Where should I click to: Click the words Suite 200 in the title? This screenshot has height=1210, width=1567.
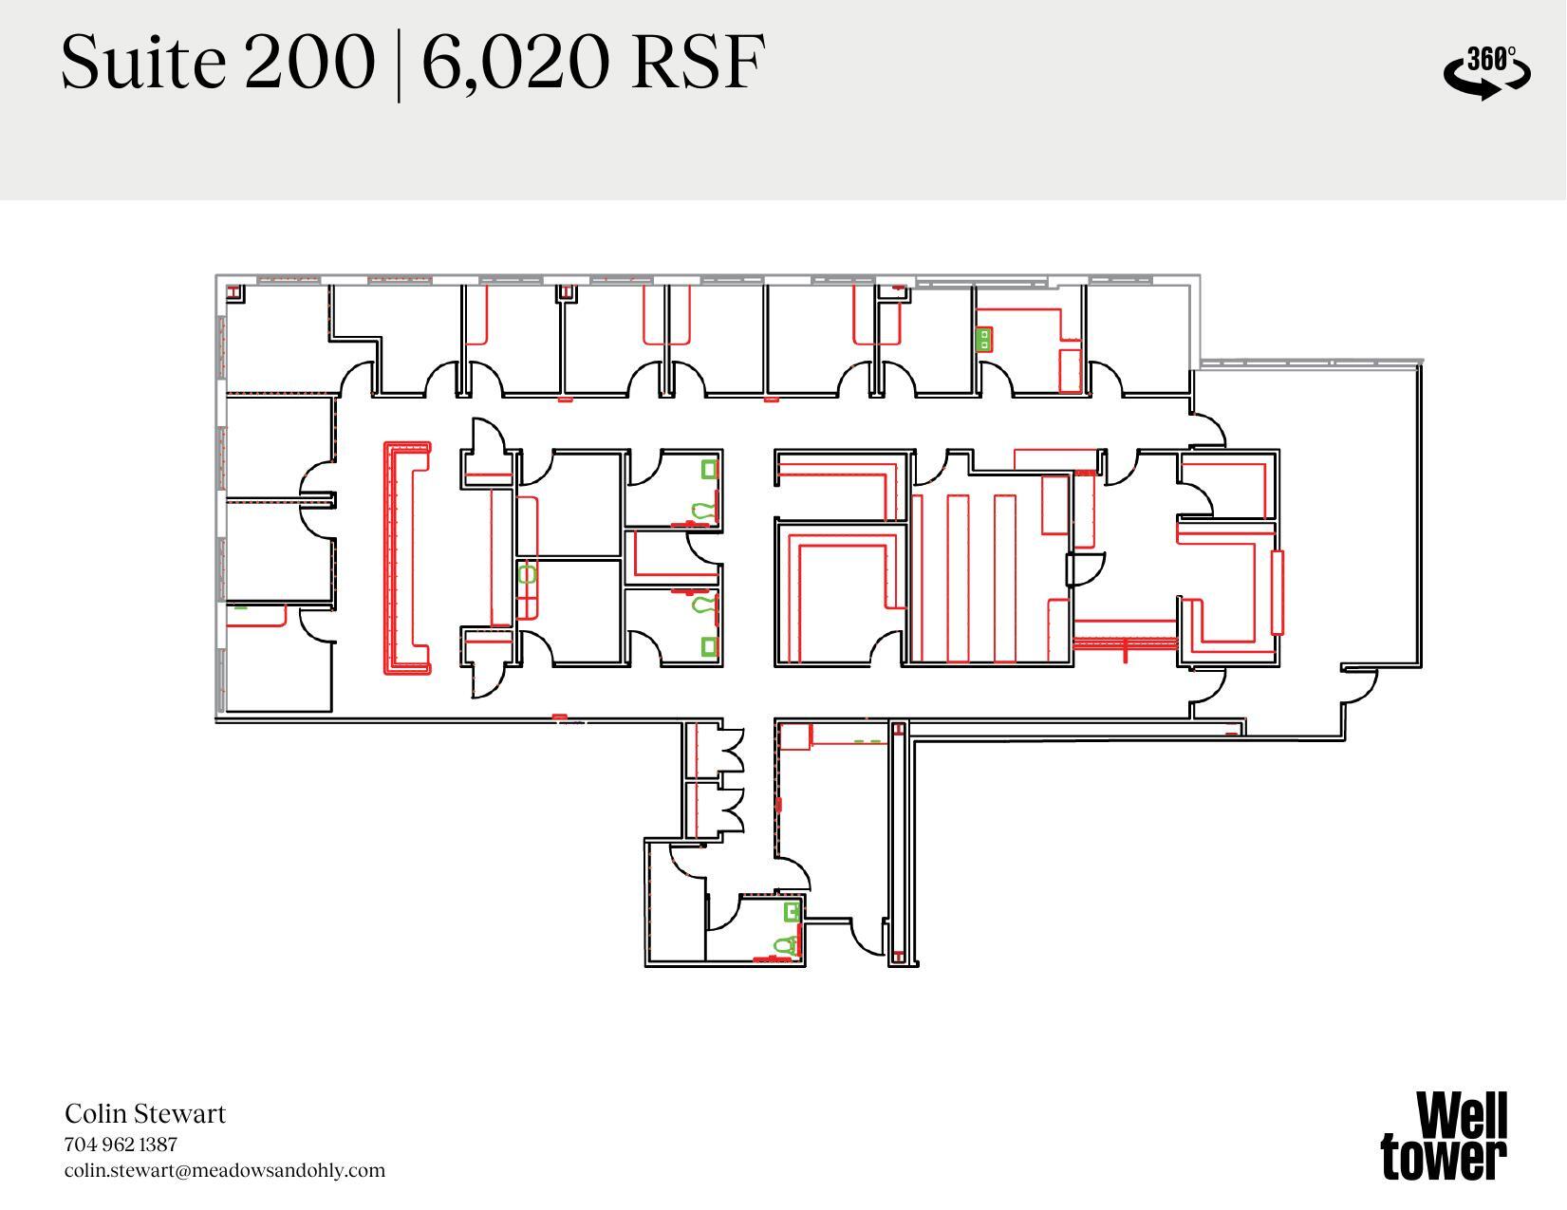(x=217, y=63)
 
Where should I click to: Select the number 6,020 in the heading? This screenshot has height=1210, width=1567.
(x=513, y=63)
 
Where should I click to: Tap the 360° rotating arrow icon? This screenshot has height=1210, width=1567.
(x=1486, y=72)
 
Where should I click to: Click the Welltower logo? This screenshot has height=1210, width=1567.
(x=1444, y=1135)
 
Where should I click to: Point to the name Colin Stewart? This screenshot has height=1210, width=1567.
(x=145, y=1113)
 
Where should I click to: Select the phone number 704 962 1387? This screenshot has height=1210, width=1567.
(x=121, y=1144)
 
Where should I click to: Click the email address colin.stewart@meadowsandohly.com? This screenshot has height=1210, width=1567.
(x=225, y=1170)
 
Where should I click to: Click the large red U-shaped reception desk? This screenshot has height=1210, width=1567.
(x=405, y=558)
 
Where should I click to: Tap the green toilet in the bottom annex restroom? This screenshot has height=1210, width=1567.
(x=785, y=946)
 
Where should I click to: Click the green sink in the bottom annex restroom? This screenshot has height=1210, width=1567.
(x=792, y=912)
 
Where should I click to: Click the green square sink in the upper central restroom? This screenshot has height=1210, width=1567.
(x=709, y=469)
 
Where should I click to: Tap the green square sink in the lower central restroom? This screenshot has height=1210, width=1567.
(x=709, y=646)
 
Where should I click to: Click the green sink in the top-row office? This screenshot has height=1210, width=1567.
(x=984, y=339)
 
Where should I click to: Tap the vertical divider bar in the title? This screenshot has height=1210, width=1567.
(x=398, y=63)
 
